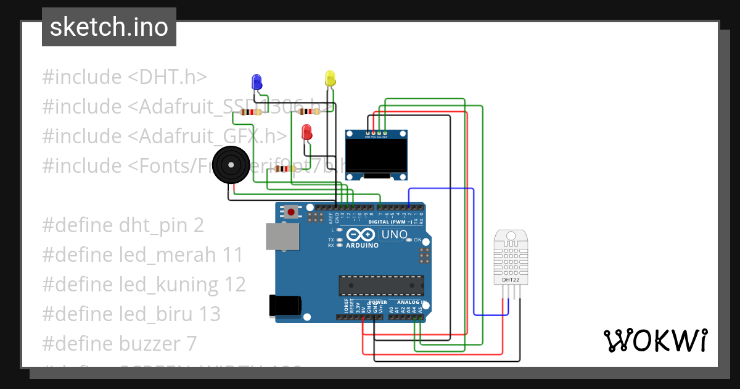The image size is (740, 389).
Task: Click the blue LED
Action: (257, 81)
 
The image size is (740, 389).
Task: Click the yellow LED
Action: (330, 78)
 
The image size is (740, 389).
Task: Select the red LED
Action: (306, 132)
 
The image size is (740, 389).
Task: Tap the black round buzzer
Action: (231, 165)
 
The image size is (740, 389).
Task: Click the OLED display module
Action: (376, 156)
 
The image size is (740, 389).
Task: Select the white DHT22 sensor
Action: (511, 258)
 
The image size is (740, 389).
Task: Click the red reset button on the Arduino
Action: (291, 212)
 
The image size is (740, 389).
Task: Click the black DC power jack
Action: (285, 306)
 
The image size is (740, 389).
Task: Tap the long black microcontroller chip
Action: (381, 286)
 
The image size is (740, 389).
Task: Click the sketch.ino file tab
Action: (109, 27)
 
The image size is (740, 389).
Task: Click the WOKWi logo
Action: (655, 340)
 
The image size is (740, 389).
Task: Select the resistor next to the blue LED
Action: (250, 112)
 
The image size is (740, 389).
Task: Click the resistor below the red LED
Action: (284, 169)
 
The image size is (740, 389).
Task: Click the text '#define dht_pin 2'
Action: (123, 225)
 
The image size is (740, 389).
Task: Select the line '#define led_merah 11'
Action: (142, 255)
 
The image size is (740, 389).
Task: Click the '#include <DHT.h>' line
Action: (124, 77)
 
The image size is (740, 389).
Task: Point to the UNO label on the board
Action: (395, 235)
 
